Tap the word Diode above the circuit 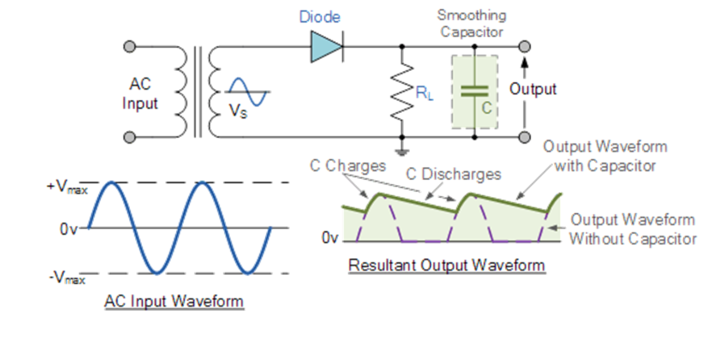click(319, 17)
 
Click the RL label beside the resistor click(425, 93)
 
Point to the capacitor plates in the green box click(474, 91)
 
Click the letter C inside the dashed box click(486, 108)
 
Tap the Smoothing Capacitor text click(471, 23)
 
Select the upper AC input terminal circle click(130, 46)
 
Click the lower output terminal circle click(524, 137)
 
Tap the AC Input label click(140, 94)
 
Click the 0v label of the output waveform click(330, 238)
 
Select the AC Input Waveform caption click(174, 302)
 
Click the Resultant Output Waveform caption click(446, 266)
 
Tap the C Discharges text click(453, 174)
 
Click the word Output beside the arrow click(533, 89)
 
